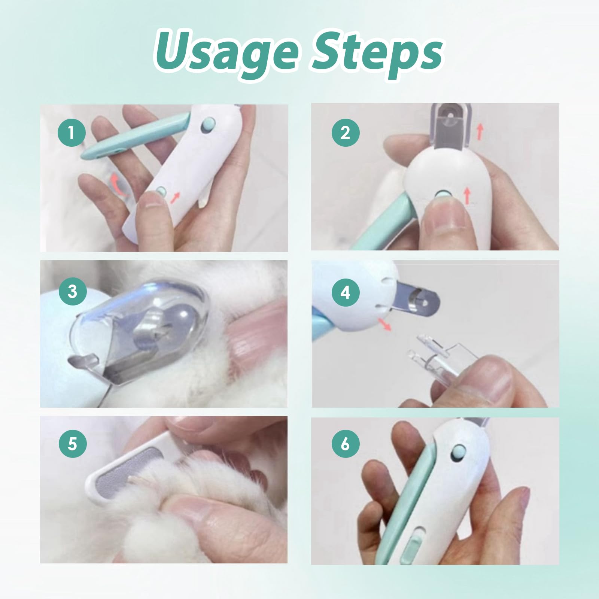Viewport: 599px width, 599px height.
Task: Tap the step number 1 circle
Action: tap(72, 132)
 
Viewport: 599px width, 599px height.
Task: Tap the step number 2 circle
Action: tap(345, 132)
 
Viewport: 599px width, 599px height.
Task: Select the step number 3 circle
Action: tap(72, 291)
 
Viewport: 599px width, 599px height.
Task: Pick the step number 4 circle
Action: tap(345, 292)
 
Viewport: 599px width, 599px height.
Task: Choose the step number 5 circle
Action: tap(72, 444)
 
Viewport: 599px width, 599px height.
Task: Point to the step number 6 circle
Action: tap(345, 444)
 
